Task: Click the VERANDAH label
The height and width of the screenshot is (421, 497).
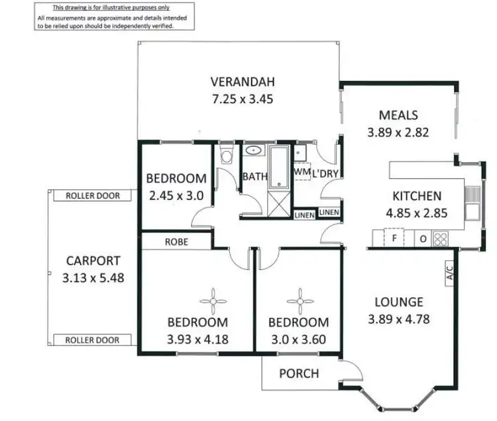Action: [242, 83]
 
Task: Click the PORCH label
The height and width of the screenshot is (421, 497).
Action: [298, 373]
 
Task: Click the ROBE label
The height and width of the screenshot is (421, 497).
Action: [177, 242]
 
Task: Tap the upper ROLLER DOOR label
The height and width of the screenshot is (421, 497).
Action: [93, 196]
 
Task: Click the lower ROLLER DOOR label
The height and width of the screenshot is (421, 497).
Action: [93, 340]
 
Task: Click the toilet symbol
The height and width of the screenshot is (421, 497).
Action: [227, 157]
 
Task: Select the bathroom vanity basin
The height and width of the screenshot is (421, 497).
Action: [253, 150]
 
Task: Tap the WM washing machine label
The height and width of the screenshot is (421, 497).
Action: [302, 171]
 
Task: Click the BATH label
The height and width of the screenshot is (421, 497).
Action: [254, 177]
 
